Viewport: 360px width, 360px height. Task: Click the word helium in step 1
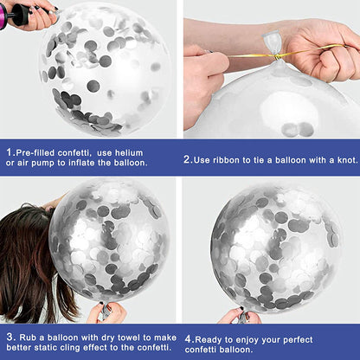(x=129, y=153)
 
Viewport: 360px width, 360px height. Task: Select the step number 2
(x=188, y=159)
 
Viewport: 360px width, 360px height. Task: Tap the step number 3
(x=10, y=337)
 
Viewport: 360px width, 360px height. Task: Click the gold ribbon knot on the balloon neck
(x=276, y=55)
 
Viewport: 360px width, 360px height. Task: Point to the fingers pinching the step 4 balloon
(x=240, y=317)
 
